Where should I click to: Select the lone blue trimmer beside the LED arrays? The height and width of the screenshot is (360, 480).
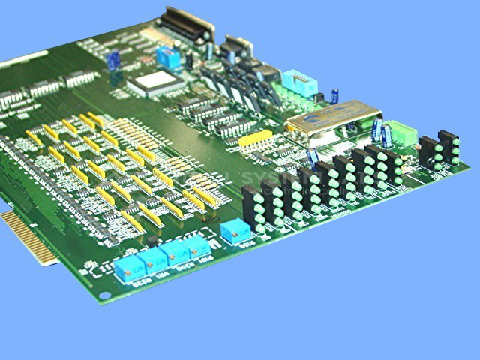point(236,232)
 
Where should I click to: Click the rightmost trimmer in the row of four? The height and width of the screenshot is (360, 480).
point(198,246)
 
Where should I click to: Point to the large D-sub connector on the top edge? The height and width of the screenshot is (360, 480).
point(185,24)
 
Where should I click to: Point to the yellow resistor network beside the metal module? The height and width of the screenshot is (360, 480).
point(256,139)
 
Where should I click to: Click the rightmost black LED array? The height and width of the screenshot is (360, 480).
point(448,147)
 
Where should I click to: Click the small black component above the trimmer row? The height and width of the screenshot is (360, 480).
point(154,240)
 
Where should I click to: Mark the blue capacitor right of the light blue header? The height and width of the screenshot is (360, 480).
point(334,96)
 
